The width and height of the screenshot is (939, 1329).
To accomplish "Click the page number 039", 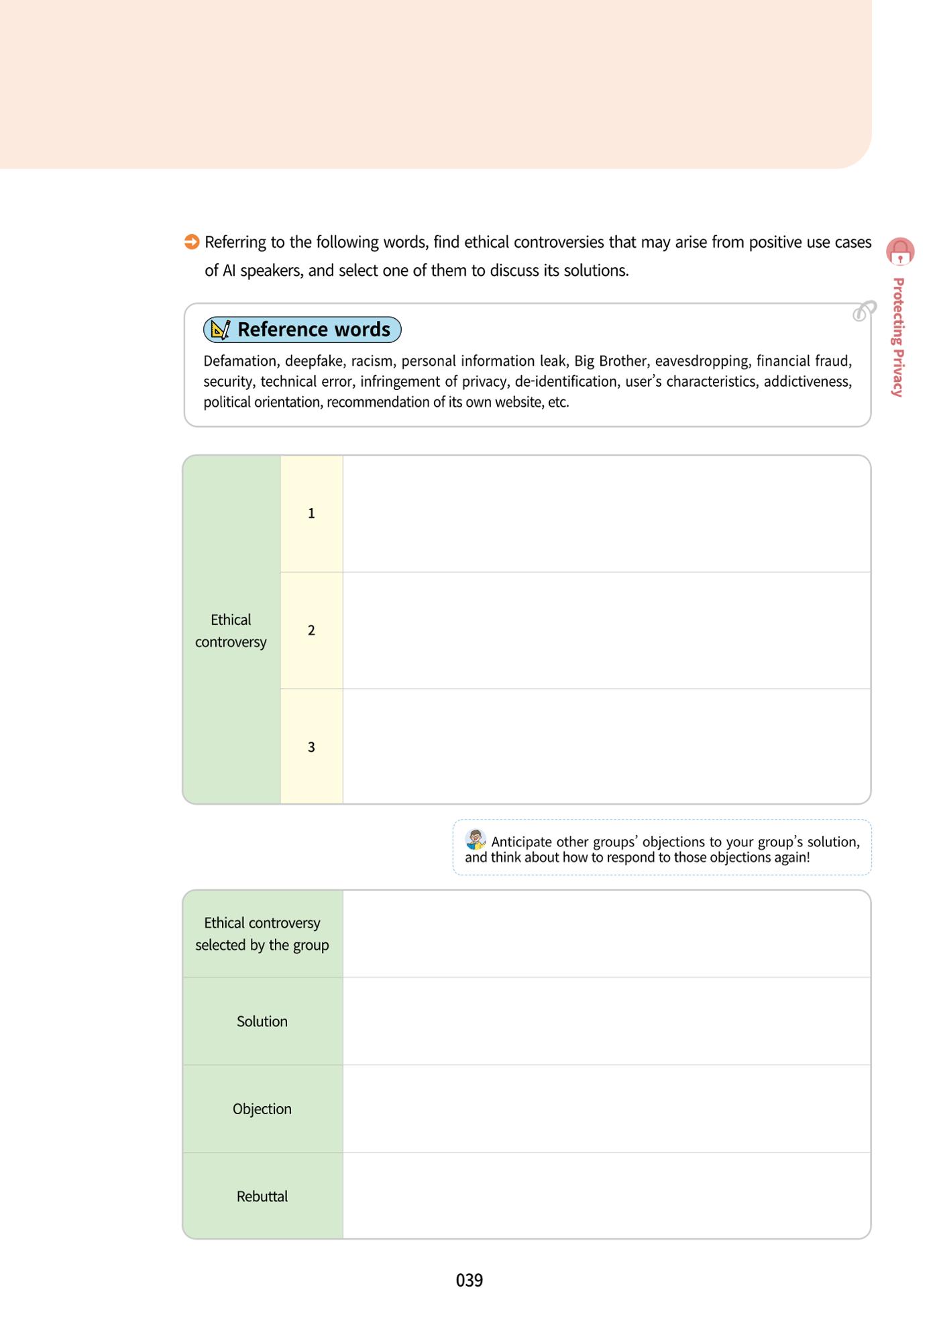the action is (469, 1280).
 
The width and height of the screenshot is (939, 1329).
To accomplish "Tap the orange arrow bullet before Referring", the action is (192, 242).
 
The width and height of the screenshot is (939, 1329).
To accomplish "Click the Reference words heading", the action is (314, 330).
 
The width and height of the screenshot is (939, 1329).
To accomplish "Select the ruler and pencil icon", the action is (220, 330).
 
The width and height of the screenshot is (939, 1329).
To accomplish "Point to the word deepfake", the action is (314, 361).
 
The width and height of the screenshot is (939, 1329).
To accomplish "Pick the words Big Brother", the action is (610, 361).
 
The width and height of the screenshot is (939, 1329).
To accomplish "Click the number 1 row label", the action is (311, 513).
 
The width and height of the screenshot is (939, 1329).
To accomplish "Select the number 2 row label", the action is (311, 630).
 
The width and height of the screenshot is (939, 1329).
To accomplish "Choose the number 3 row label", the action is (311, 747).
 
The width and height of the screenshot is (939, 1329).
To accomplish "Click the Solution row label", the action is (262, 1021).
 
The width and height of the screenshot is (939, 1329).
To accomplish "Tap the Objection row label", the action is (262, 1109).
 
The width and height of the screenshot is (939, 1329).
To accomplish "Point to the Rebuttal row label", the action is (262, 1196).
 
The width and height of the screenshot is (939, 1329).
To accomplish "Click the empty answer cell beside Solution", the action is (606, 1021).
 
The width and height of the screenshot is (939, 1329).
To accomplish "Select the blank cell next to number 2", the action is (606, 630).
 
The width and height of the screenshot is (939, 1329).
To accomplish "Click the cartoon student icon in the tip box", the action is (476, 840).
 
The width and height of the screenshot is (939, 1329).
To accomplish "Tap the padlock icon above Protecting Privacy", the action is (900, 251).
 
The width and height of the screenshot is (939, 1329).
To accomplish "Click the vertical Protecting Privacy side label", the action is (899, 338).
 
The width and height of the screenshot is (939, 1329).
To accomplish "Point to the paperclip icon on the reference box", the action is (865, 311).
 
